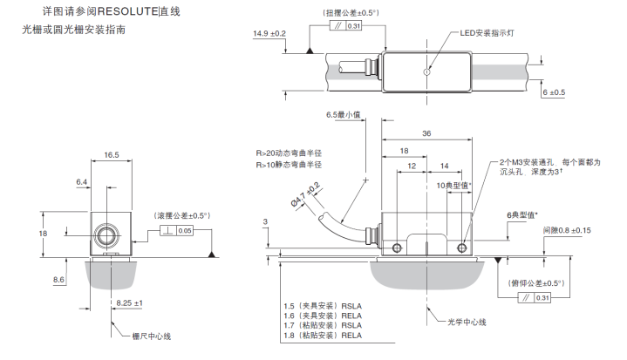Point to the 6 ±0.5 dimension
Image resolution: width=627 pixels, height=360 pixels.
click(x=554, y=92)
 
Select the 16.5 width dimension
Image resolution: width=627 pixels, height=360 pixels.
click(x=111, y=154)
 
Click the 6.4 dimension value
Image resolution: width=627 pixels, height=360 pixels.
click(x=83, y=182)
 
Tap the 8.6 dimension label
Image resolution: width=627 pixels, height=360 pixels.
click(x=59, y=279)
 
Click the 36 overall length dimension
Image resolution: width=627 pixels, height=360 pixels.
click(x=426, y=133)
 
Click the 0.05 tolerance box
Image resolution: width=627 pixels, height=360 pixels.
click(x=183, y=231)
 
